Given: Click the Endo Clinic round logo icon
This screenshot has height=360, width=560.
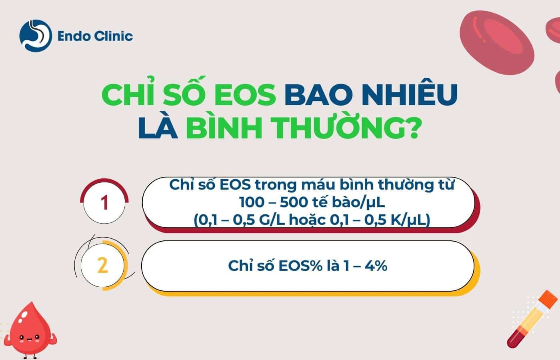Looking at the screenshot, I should pos(35,36).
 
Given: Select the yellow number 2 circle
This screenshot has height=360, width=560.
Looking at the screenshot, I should pos(103,265).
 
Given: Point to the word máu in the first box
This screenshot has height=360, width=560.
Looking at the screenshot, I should pos(318,185).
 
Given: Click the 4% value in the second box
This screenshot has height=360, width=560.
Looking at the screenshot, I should pos(376,266).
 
